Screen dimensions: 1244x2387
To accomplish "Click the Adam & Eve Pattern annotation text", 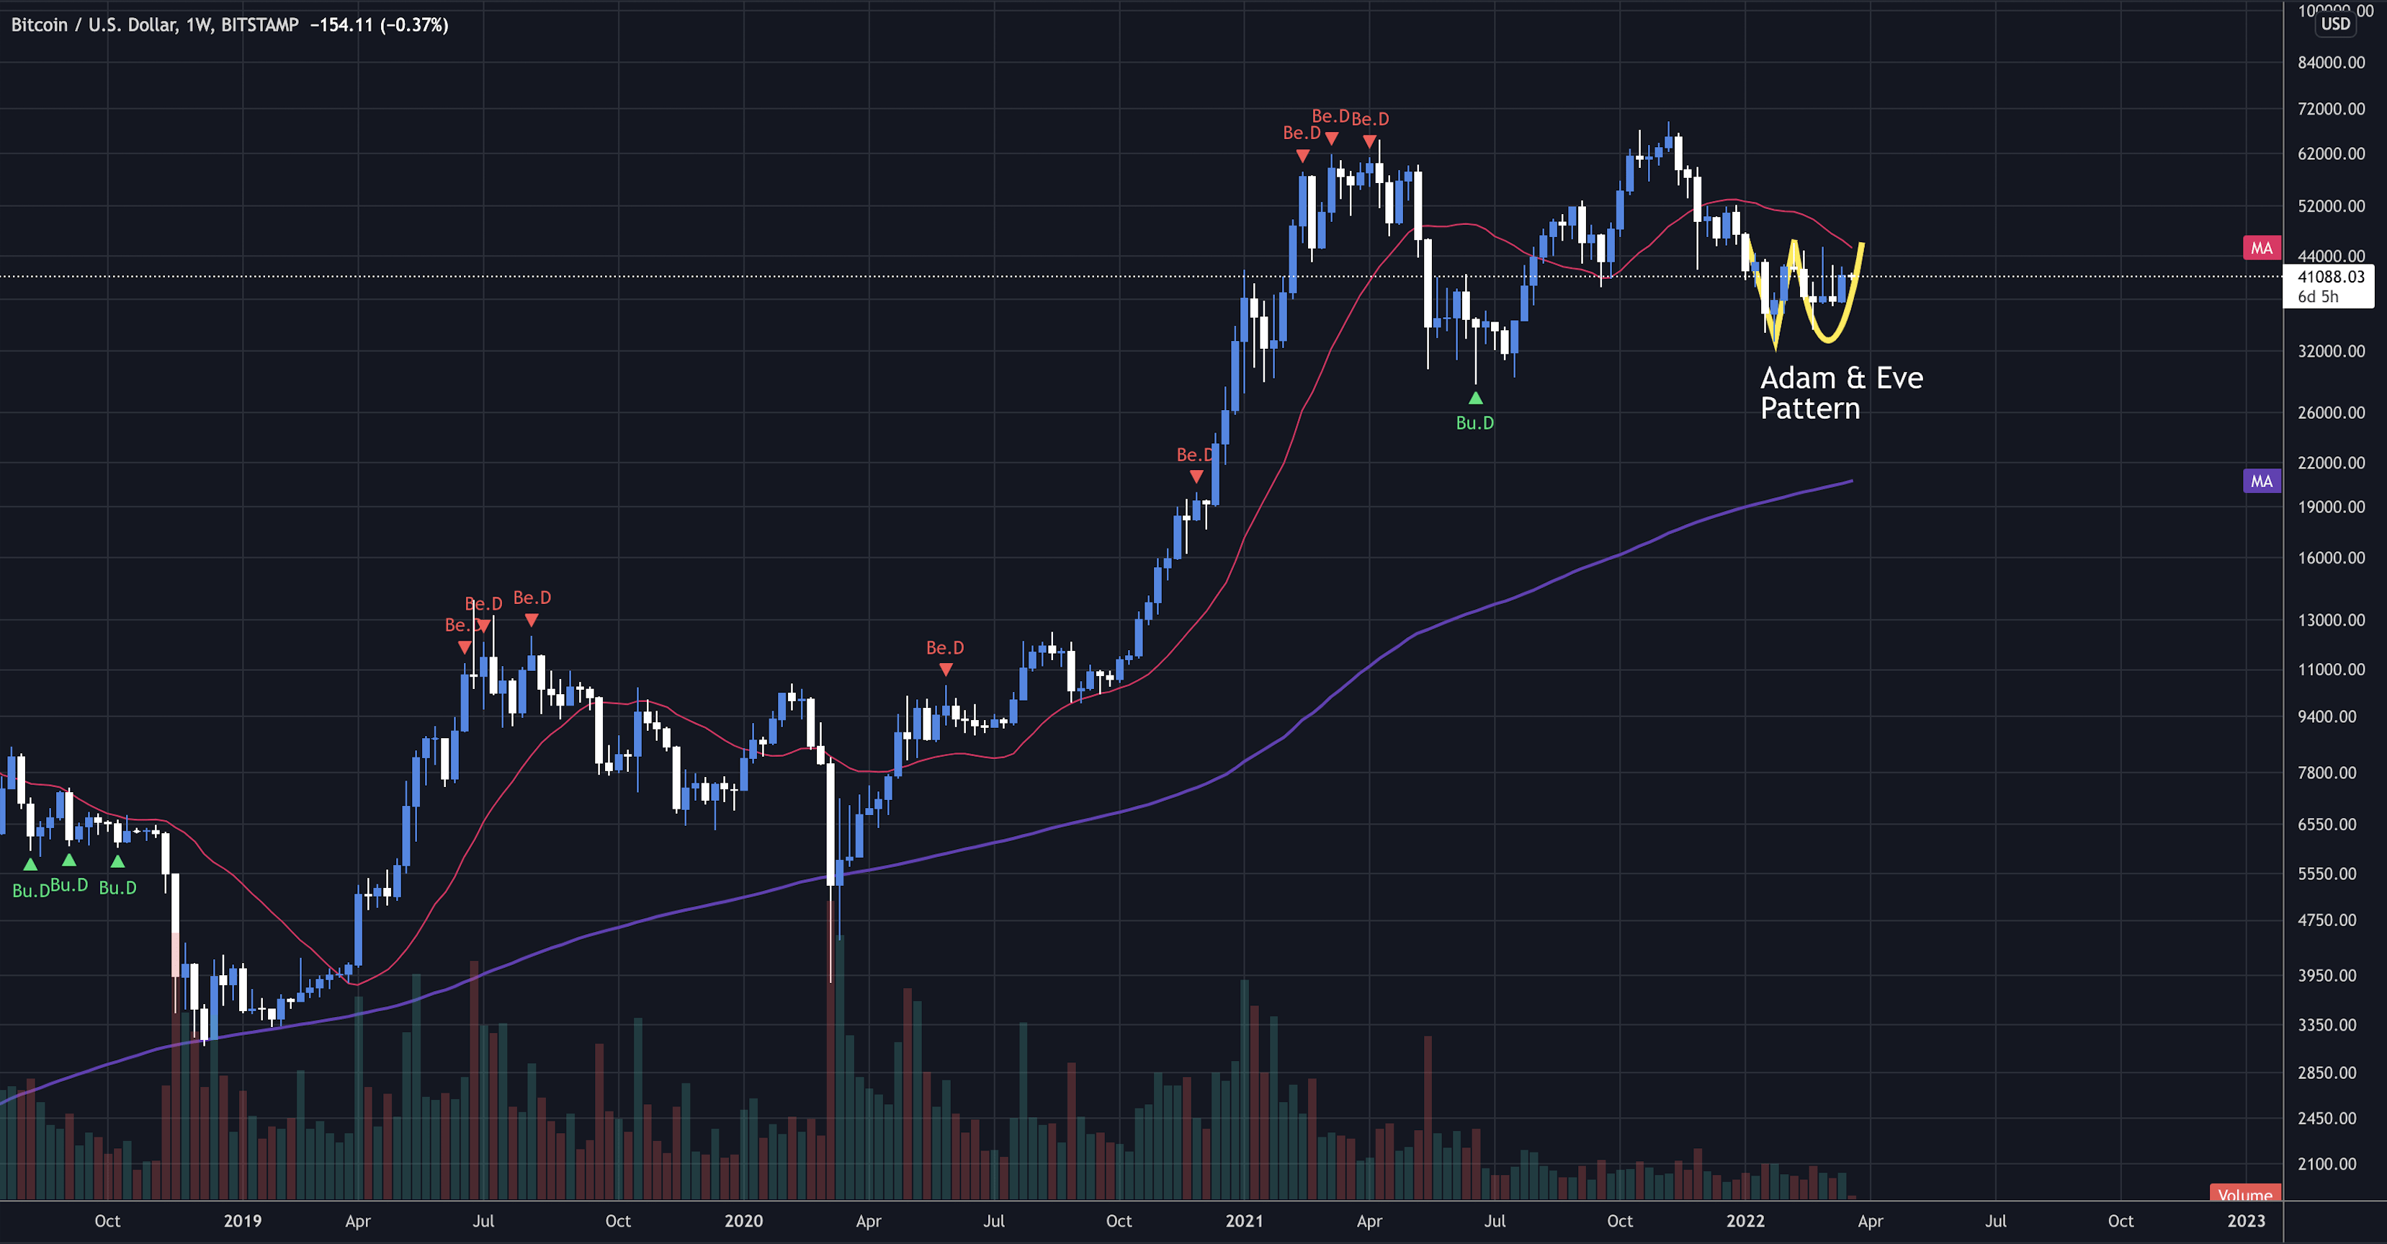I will (1840, 392).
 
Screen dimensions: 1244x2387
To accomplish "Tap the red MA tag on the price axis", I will (2261, 247).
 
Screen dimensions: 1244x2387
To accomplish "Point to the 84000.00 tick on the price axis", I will (2331, 62).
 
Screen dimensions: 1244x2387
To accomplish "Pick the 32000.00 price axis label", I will (2331, 350).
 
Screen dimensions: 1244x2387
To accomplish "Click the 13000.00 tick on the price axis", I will (2331, 619).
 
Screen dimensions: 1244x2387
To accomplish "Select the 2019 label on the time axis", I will (242, 1221).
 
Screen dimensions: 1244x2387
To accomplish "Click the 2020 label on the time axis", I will (743, 1221).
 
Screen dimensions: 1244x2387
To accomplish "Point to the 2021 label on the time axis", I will (1243, 1221).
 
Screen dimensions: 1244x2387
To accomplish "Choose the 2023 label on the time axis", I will (2245, 1221).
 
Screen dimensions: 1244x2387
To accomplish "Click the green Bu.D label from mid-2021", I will (1474, 422).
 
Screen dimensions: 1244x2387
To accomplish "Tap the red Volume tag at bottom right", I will (2244, 1194).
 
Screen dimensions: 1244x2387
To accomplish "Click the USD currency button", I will (2335, 24).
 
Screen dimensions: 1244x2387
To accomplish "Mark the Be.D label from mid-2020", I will (944, 648).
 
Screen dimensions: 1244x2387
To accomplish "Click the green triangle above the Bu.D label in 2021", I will (1475, 399).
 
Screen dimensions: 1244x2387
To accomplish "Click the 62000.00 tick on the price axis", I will (2331, 153).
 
